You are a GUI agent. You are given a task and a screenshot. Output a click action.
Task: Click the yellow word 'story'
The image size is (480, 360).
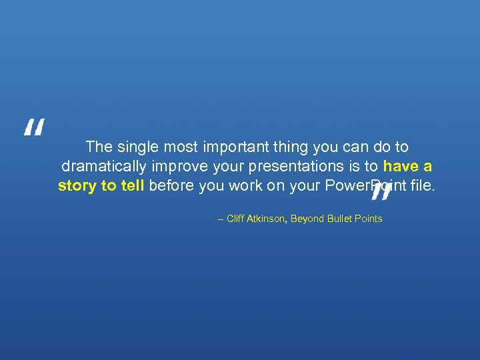(x=77, y=185)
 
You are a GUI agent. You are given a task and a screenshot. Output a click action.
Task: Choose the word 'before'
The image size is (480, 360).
(x=172, y=185)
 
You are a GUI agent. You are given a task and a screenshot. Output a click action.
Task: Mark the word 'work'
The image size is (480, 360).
(x=245, y=185)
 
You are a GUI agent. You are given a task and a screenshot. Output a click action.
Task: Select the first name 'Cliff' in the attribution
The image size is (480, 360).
(x=235, y=219)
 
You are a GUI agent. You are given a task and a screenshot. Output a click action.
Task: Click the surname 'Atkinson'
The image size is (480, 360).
(x=267, y=219)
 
